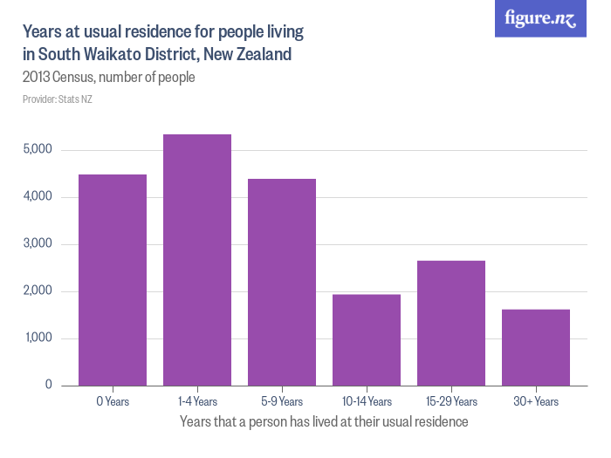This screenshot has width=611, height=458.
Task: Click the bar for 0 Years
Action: coord(113,280)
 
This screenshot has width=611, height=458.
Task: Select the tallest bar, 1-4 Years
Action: coord(197,260)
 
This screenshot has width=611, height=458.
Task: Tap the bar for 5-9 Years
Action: coord(282,282)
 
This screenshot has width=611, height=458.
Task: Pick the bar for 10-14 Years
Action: coord(367,340)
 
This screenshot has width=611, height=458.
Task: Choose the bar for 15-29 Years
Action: coord(451,323)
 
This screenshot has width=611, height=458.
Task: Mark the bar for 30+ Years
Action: coord(536,347)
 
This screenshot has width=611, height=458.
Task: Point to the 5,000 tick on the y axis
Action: coord(38,150)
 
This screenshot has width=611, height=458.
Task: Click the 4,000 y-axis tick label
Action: coord(38,197)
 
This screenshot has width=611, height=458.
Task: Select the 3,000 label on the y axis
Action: coord(38,244)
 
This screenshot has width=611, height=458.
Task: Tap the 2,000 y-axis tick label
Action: coord(38,291)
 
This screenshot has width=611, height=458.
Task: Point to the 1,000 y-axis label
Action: coord(38,338)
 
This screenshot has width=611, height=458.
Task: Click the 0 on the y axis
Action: coord(49,386)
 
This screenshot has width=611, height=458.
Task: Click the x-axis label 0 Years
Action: coord(113,402)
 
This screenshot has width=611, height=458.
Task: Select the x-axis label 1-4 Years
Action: coord(197,402)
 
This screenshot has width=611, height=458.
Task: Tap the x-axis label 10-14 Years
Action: coord(367,402)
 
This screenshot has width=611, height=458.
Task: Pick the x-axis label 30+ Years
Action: coord(536,402)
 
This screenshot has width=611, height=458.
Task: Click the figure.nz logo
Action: coord(540,19)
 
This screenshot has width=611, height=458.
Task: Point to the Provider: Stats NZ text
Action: coord(57,99)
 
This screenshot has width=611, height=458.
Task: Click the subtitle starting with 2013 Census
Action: coord(108,78)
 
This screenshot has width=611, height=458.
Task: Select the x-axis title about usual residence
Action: coord(324,421)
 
